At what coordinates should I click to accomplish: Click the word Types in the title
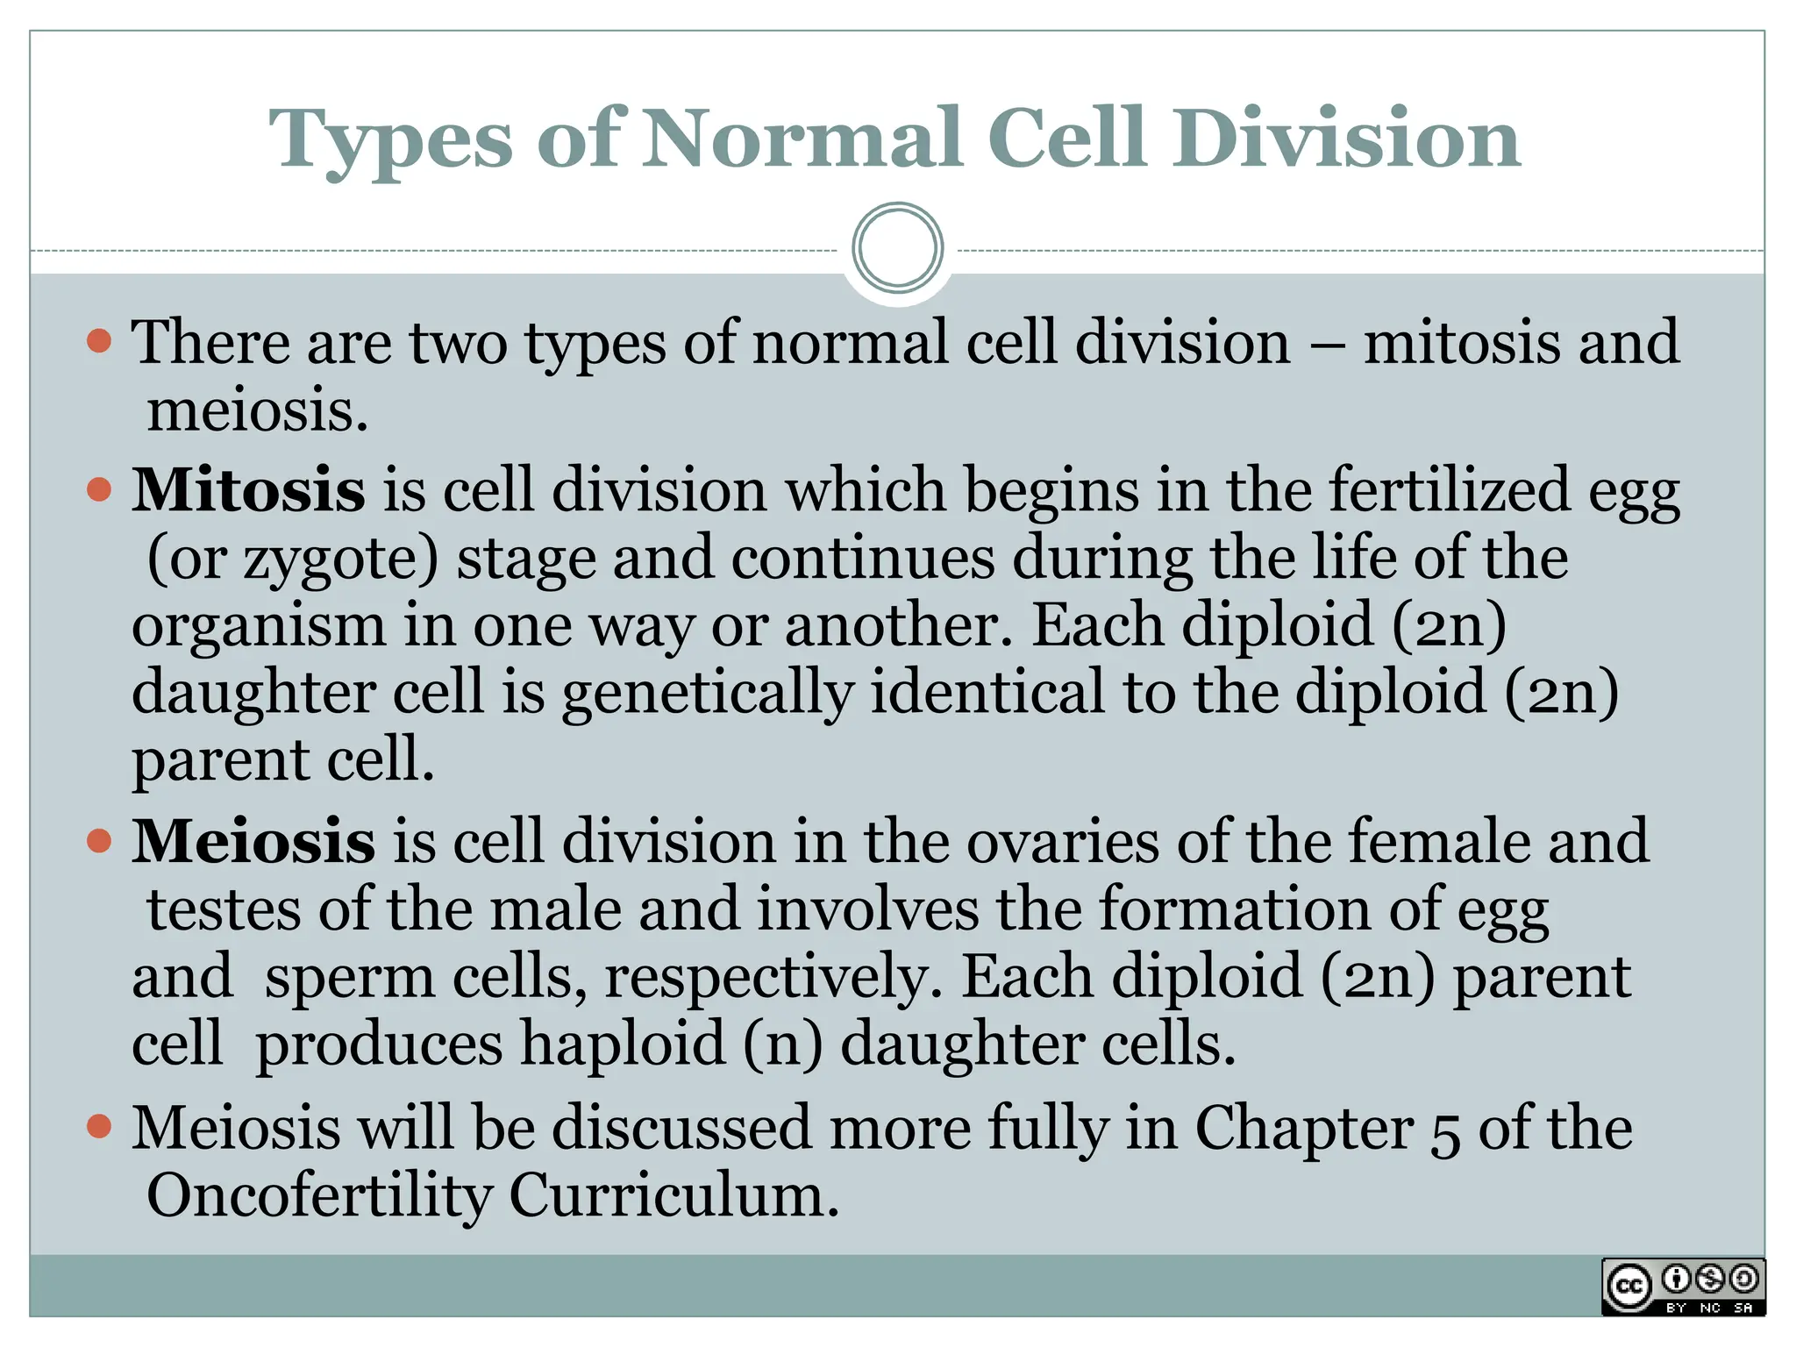[390, 140]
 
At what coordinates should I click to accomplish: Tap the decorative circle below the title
[897, 247]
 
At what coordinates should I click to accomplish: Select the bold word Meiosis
[253, 841]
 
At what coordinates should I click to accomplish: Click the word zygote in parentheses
[333, 560]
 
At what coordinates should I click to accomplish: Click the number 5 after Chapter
[1445, 1131]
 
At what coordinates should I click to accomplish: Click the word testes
[224, 909]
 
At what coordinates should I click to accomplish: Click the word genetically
[707, 693]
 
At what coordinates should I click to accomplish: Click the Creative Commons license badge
[1683, 1286]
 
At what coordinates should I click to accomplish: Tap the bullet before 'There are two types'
[100, 340]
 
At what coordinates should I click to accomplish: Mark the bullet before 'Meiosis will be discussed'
[100, 1126]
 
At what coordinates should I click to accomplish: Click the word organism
[259, 626]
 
